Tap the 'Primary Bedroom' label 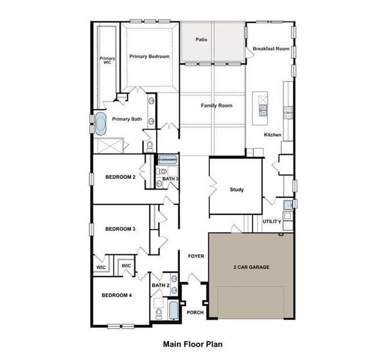point(149,56)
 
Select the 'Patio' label point(201,40)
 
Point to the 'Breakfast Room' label point(270,48)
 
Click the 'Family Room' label point(216,106)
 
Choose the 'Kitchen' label point(273,135)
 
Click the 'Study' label point(236,190)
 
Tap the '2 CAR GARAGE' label point(251,266)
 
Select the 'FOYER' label point(195,256)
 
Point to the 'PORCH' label point(195,313)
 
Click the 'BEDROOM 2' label point(120,177)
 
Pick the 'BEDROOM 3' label point(120,229)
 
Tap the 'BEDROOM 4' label point(116,295)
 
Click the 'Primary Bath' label point(127,119)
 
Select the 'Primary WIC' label point(107,60)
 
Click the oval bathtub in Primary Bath point(100,124)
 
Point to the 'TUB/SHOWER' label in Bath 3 point(168,160)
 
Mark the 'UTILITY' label point(272,221)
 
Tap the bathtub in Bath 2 point(173,311)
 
